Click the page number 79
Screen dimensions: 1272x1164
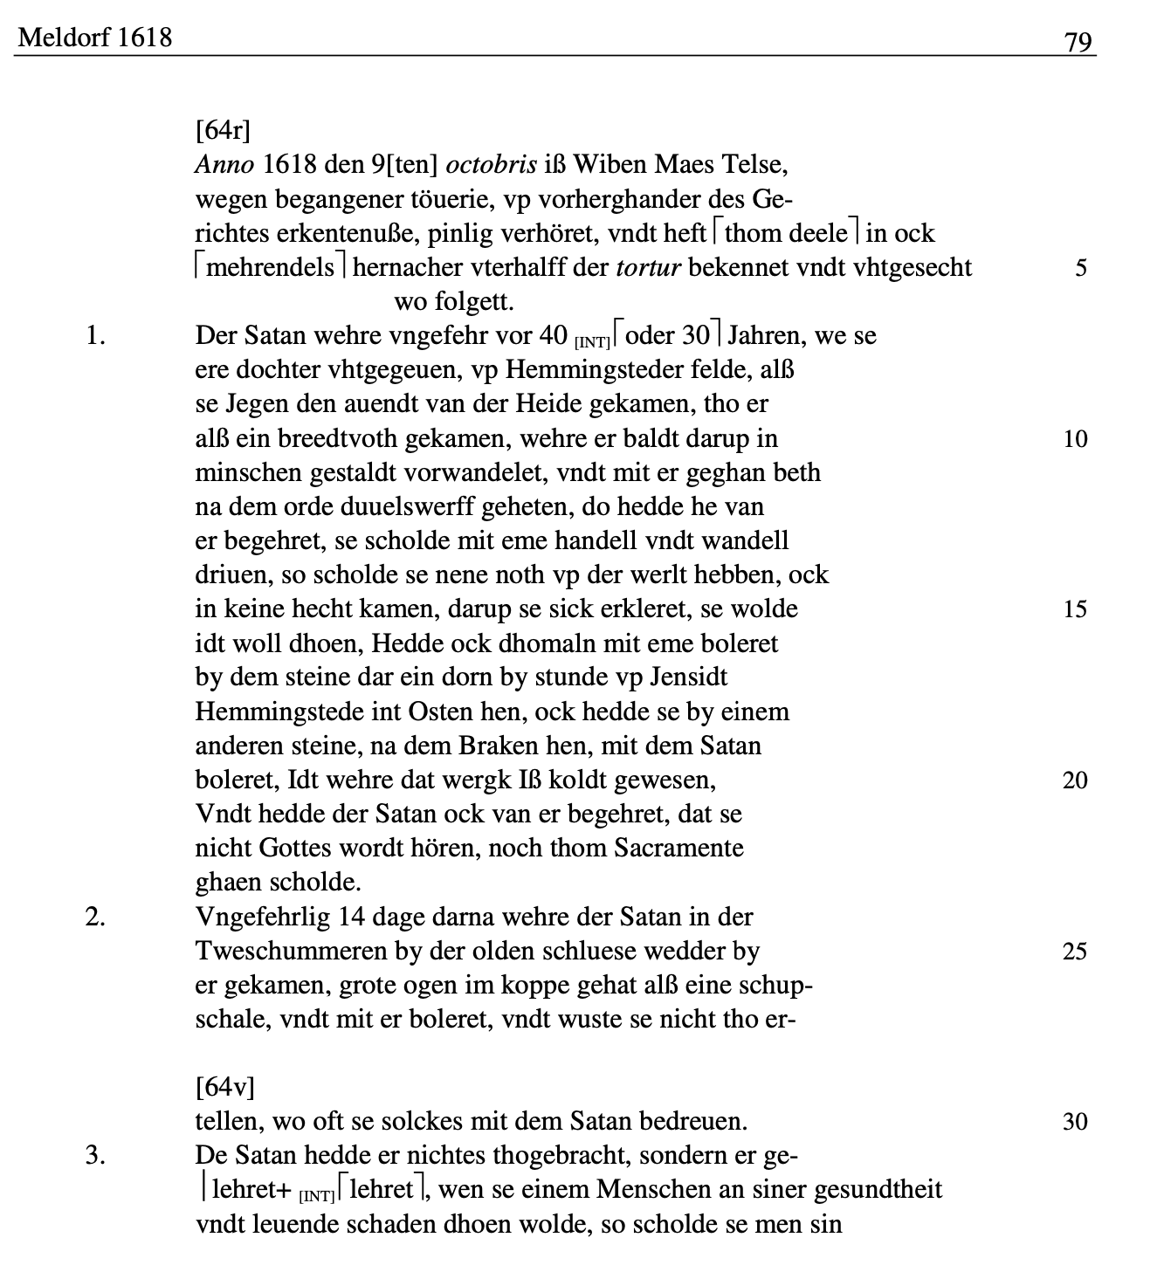pyautogui.click(x=1078, y=41)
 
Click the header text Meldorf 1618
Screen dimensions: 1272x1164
pyautogui.click(x=95, y=38)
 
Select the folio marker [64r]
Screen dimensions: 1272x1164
pyautogui.click(x=223, y=131)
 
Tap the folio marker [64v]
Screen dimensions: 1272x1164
pyautogui.click(x=224, y=1087)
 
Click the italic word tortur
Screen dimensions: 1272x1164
pyautogui.click(x=648, y=267)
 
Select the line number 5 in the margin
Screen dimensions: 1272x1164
pyautogui.click(x=1081, y=268)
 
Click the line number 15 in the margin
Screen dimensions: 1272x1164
pyautogui.click(x=1075, y=608)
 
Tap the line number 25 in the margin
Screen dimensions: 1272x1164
pyautogui.click(x=1075, y=951)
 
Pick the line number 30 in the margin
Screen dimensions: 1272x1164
pyautogui.click(x=1075, y=1121)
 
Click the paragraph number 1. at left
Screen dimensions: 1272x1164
pyautogui.click(x=95, y=336)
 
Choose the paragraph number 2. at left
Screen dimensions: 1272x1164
pyautogui.click(x=95, y=917)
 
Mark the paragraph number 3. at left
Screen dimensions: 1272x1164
pyautogui.click(x=95, y=1155)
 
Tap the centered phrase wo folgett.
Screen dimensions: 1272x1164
pyautogui.click(x=454, y=302)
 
